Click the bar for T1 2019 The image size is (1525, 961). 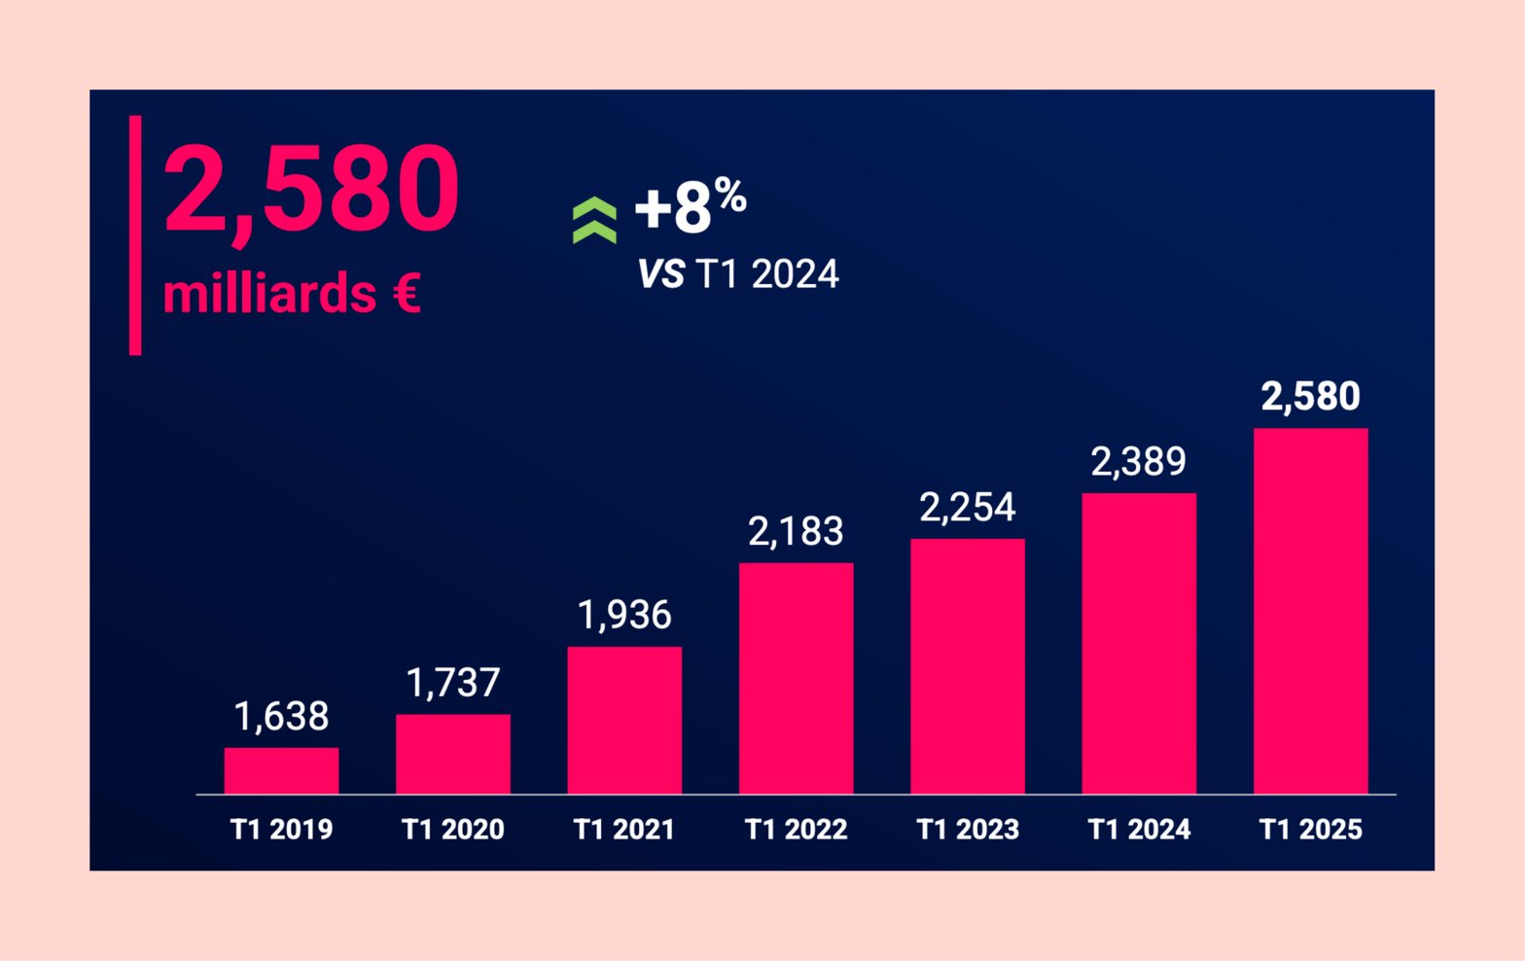[x=281, y=770]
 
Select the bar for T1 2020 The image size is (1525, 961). [x=452, y=754]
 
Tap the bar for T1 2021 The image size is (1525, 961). [x=624, y=720]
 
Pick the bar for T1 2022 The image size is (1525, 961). [x=796, y=678]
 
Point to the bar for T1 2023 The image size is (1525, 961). [x=968, y=666]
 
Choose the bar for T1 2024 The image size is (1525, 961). [x=1139, y=643]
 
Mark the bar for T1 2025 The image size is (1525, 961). [x=1310, y=611]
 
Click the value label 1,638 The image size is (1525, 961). [x=281, y=717]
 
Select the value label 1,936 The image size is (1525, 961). [x=624, y=615]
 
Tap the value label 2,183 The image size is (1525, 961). [x=796, y=531]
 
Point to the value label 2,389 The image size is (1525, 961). [x=1139, y=461]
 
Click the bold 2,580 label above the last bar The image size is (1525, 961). [x=1310, y=396]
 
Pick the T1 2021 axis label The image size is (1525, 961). [x=624, y=830]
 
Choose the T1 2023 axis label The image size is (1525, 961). [x=968, y=830]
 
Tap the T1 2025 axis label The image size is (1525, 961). [x=1310, y=830]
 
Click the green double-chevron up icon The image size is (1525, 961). [x=594, y=220]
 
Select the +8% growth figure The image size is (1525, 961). [x=690, y=205]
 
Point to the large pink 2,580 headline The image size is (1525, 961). [x=311, y=189]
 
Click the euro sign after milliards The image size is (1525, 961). [x=408, y=293]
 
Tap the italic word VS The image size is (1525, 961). [x=661, y=274]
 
